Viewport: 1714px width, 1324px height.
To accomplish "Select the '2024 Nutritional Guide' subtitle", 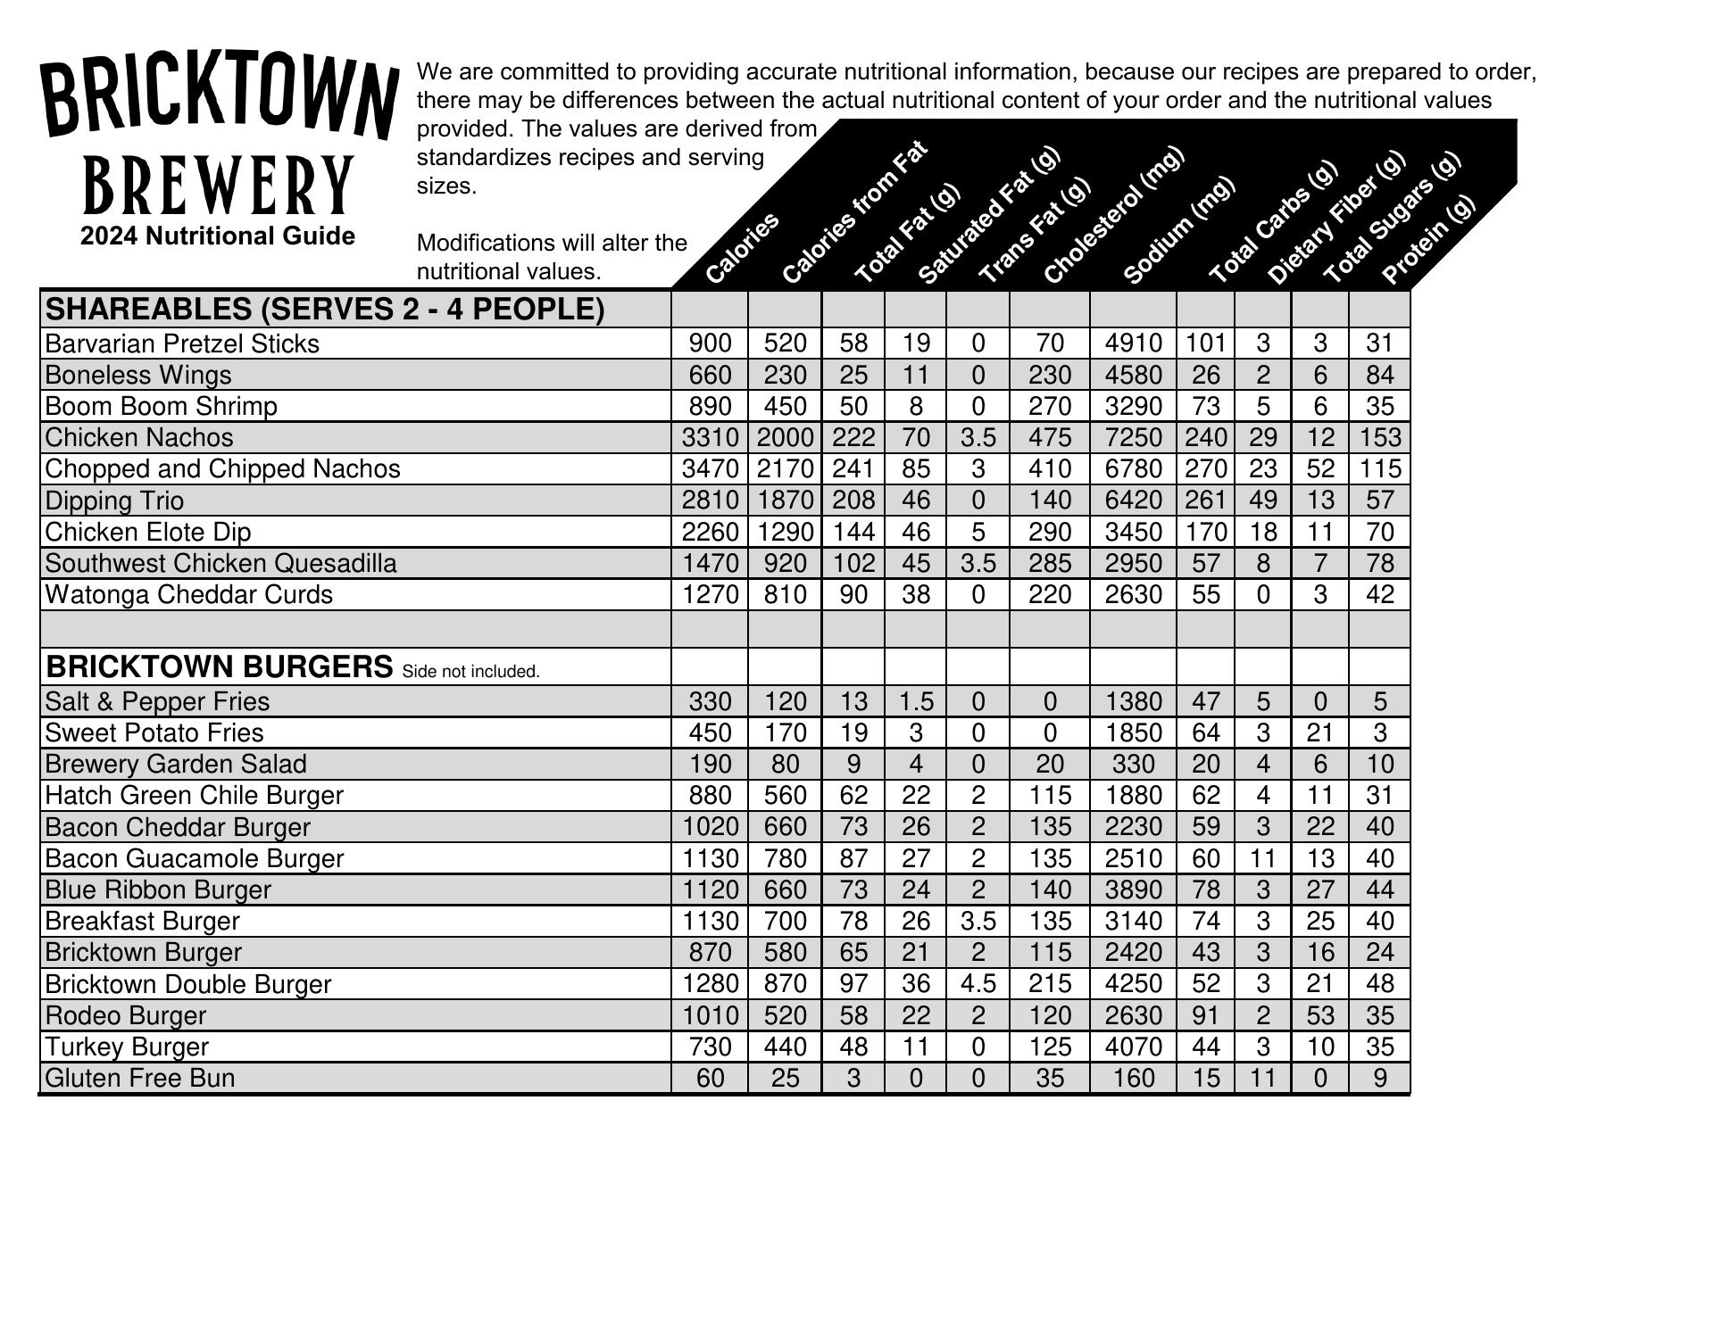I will click(x=218, y=236).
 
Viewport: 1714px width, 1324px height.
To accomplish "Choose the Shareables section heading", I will click(x=325, y=310).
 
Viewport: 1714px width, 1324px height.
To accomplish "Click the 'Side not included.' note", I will click(x=471, y=672).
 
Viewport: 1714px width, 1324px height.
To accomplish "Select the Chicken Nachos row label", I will click(x=139, y=437).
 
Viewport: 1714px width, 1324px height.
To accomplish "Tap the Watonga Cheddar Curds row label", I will click(x=188, y=594).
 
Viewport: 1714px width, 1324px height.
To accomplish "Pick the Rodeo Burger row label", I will click(x=125, y=1015).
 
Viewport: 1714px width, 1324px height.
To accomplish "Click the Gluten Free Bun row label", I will click(x=139, y=1078).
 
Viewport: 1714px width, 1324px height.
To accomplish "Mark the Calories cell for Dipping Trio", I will click(x=710, y=501).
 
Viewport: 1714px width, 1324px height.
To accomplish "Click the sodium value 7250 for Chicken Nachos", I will click(x=1133, y=437).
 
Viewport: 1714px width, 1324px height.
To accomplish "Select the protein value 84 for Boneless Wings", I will click(x=1379, y=375).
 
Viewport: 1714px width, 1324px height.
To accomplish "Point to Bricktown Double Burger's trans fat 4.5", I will click(x=978, y=983).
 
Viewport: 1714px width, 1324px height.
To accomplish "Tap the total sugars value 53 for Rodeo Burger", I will click(x=1319, y=1015).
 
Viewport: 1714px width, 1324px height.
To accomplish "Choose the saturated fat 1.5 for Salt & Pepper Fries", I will click(x=915, y=701).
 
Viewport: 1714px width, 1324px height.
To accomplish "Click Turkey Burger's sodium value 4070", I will click(x=1133, y=1047).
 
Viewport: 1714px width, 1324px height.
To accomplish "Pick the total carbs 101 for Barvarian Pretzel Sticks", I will click(x=1205, y=343).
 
